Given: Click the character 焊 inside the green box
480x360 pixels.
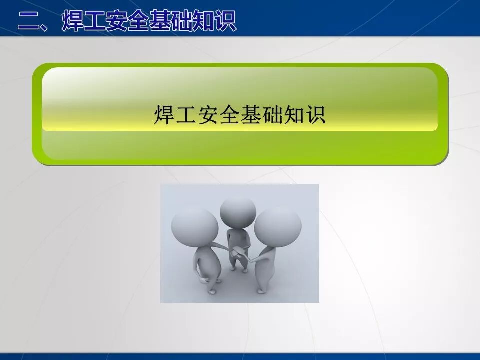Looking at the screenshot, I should [x=163, y=114].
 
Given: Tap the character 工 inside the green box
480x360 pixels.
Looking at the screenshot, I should [x=185, y=114].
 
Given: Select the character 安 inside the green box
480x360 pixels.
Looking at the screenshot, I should [x=207, y=114].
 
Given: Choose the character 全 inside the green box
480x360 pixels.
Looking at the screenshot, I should [x=229, y=114].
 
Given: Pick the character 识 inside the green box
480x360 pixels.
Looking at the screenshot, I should [x=316, y=114].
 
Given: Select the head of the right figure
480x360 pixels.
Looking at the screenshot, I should [x=278, y=225].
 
